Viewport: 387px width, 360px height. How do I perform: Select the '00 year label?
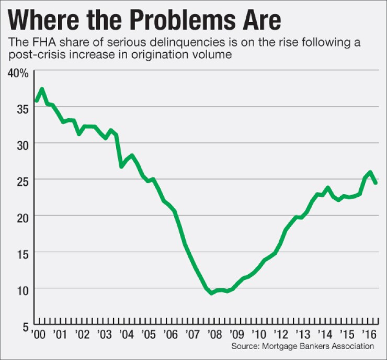[38, 335]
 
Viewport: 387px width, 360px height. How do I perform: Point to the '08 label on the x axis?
[212, 335]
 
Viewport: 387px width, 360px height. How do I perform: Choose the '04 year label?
[125, 335]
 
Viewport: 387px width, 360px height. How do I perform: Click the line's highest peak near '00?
[41, 89]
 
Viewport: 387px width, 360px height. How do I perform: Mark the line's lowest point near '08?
[211, 293]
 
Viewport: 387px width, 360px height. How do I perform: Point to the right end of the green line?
[376, 183]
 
